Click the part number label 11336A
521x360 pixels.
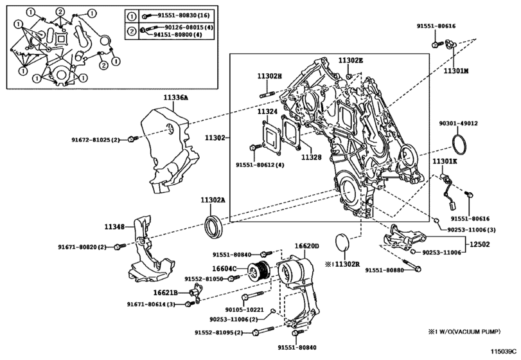click(x=175, y=98)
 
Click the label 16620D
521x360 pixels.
click(x=307, y=246)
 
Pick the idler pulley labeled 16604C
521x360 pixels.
click(x=261, y=271)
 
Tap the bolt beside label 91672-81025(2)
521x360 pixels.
click(x=132, y=139)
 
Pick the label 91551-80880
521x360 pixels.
click(x=384, y=271)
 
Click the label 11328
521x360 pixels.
click(x=311, y=157)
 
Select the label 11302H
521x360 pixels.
click(x=270, y=76)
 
